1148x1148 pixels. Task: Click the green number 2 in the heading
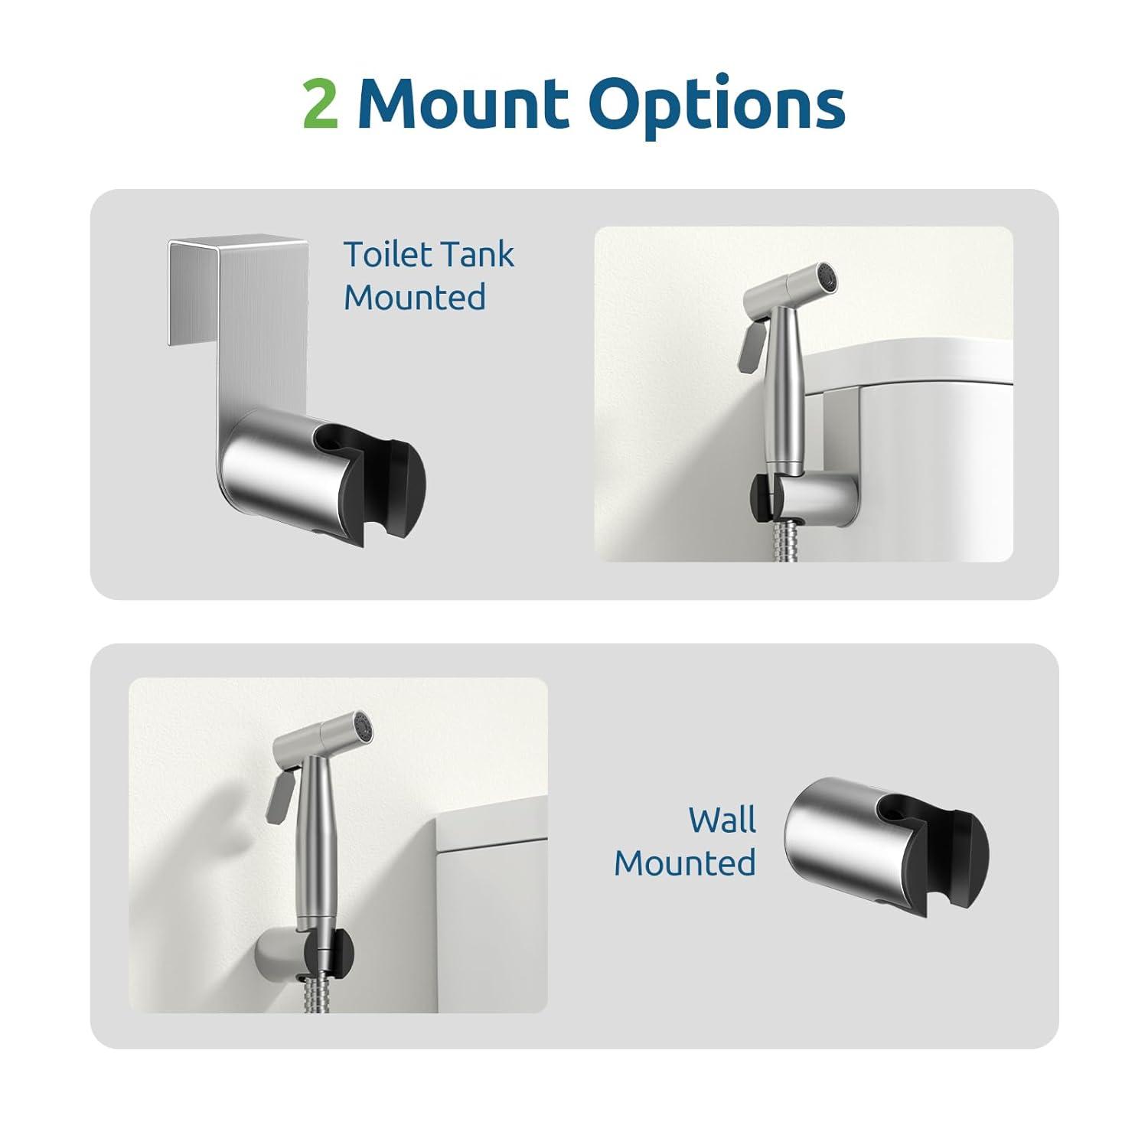320,104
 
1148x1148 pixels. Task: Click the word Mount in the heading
464,103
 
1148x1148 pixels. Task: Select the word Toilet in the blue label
386,254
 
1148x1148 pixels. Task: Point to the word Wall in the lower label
721,820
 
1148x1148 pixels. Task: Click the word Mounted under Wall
684,863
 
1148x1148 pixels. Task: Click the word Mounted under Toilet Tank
414,297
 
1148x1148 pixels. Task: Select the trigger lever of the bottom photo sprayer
279,796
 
